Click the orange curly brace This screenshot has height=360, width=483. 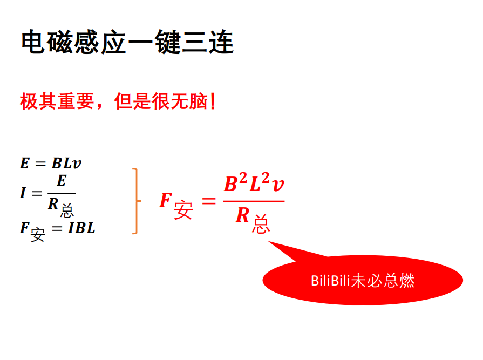tap(135, 201)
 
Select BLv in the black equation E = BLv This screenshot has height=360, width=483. tap(67, 163)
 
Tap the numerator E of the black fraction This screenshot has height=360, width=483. tap(61, 180)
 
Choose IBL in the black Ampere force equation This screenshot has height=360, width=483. tap(81, 228)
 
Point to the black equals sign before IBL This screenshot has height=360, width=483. tap(57, 228)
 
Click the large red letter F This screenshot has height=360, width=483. tap(165, 201)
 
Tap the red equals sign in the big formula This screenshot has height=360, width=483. tap(208, 201)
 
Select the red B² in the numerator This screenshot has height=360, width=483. tap(235, 184)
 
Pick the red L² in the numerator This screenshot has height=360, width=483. tap(260, 184)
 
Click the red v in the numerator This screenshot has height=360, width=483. tap(278, 185)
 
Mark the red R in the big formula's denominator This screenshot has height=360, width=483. tap(243, 216)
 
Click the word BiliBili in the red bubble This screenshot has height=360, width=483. tap(330, 280)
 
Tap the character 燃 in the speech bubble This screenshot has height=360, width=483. tap(406, 280)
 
